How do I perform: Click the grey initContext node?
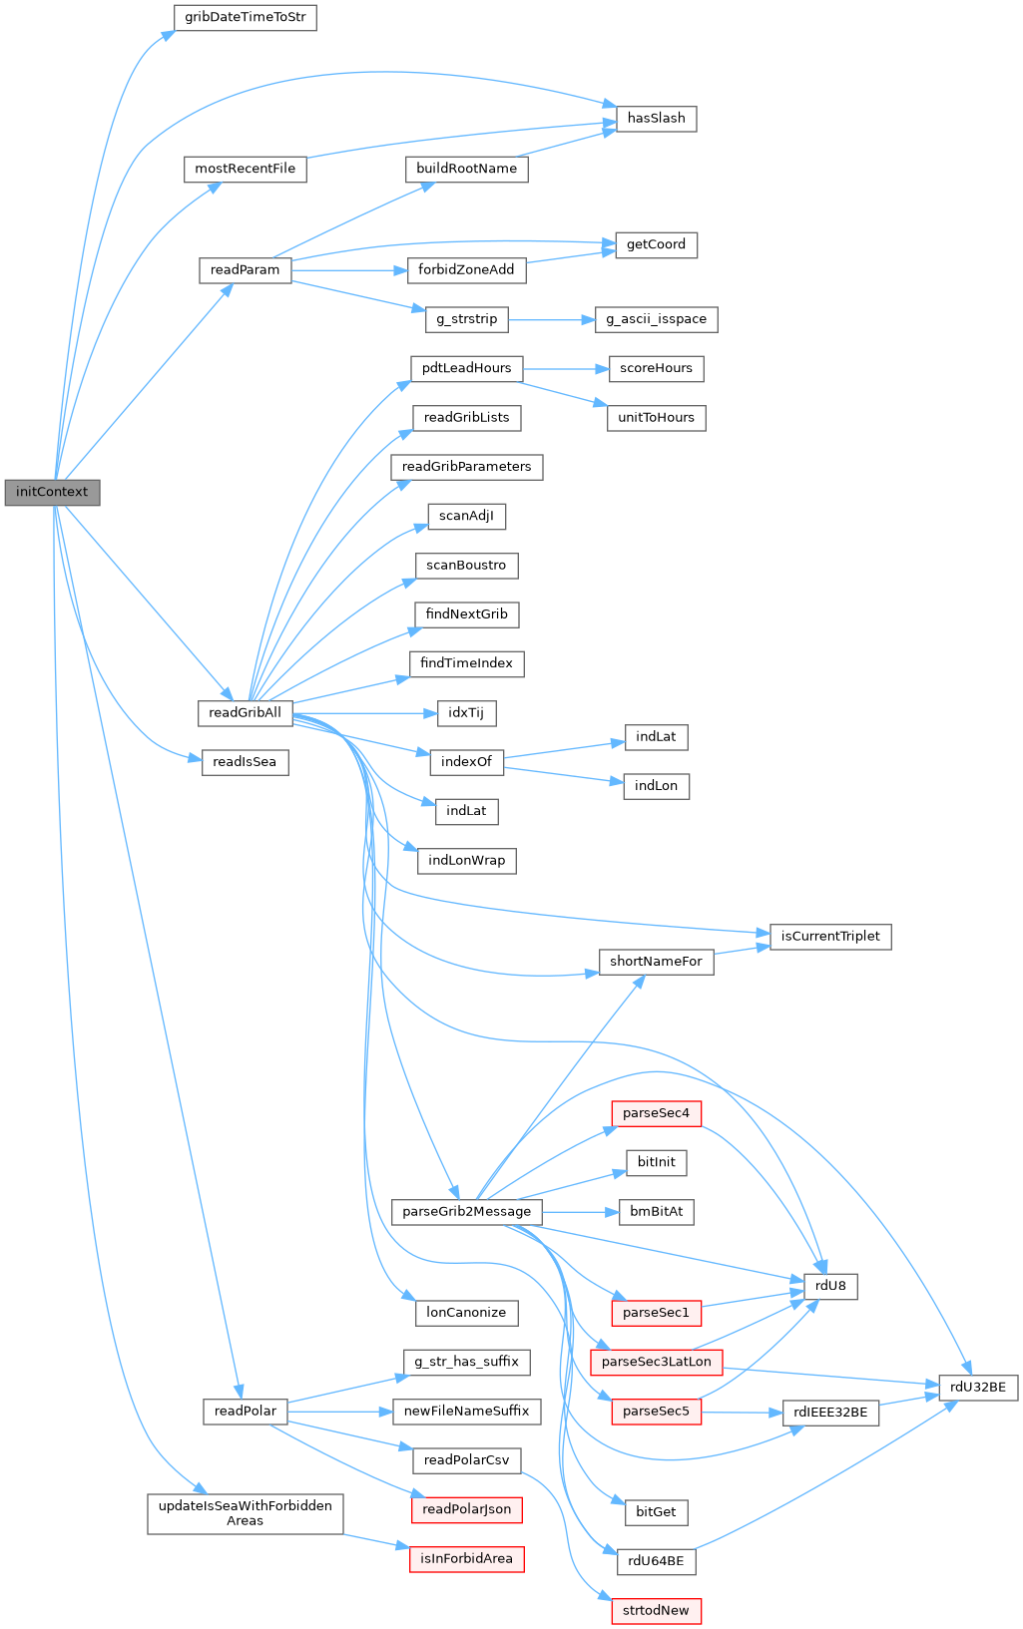pyautogui.click(x=52, y=492)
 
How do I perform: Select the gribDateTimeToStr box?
pyautogui.click(x=246, y=18)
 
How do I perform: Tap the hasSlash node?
pyautogui.click(x=656, y=119)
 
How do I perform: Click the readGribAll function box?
pyautogui.click(x=245, y=713)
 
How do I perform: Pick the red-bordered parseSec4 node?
pyautogui.click(x=656, y=1113)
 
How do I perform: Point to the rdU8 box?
pyautogui.click(x=830, y=1287)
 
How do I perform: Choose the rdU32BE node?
pyautogui.click(x=978, y=1388)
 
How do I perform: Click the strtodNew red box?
pyautogui.click(x=656, y=1611)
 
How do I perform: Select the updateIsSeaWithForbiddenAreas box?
pyautogui.click(x=245, y=1513)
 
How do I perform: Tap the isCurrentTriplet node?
pyautogui.click(x=830, y=937)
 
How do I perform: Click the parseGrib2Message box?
pyautogui.click(x=466, y=1212)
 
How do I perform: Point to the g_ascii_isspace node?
pyautogui.click(x=656, y=319)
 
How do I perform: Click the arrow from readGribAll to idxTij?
pyautogui.click(x=364, y=713)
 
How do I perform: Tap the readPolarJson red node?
pyautogui.click(x=466, y=1509)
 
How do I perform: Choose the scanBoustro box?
pyautogui.click(x=466, y=566)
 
